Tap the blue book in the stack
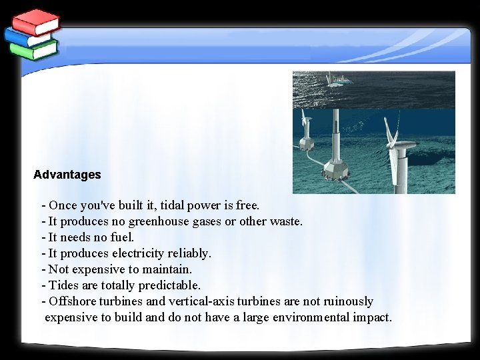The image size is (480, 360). [x=30, y=37]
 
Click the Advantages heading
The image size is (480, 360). [x=67, y=175]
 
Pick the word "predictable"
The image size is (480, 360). [x=169, y=285]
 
